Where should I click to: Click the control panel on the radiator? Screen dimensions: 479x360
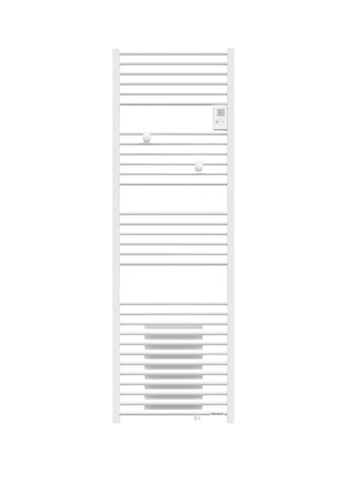220,118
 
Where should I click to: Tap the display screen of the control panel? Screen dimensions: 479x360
220,113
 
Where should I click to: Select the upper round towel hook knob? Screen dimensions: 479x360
146,138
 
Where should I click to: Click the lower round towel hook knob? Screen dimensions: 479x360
199,168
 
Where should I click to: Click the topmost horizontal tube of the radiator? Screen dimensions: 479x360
173,53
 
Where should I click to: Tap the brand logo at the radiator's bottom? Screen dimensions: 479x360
218,414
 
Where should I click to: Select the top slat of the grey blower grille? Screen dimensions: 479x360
173,327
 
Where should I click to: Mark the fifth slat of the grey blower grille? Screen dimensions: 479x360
173,367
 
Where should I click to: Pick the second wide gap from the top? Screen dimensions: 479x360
173,200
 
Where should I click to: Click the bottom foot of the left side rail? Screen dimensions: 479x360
116,422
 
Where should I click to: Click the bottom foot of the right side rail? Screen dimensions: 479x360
231,422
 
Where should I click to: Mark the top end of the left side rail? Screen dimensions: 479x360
116,51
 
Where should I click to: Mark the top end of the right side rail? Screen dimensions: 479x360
231,51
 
